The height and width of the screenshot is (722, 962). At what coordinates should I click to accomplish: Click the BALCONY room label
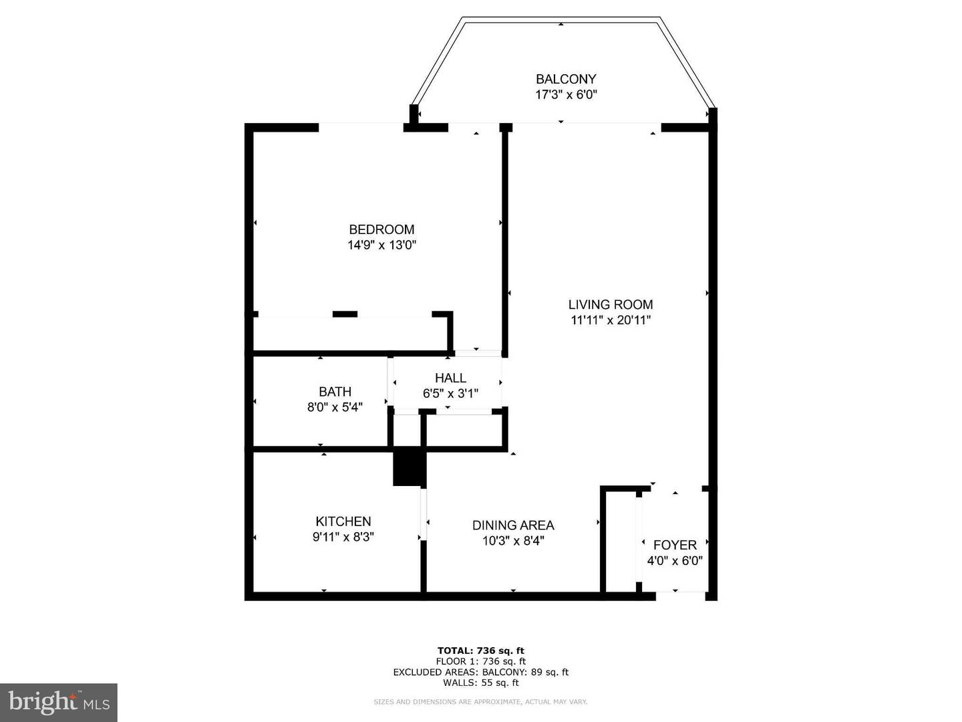565,79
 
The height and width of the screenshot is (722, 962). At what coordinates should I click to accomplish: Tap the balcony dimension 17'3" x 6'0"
565,95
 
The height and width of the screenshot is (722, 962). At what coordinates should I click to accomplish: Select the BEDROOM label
381,229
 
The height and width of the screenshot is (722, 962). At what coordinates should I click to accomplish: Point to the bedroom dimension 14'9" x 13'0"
381,245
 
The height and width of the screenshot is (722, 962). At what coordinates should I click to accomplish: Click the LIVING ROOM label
610,304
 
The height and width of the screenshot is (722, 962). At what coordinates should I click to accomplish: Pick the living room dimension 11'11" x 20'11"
610,320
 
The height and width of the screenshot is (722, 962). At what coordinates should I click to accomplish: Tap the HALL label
450,378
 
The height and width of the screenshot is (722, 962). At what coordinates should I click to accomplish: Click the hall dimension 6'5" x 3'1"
450,394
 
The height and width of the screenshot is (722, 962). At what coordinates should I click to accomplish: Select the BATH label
335,392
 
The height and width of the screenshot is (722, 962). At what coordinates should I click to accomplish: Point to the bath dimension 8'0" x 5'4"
335,407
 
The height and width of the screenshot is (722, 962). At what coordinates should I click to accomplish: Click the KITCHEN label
343,521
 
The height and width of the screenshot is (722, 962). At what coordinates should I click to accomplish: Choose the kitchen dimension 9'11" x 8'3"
343,537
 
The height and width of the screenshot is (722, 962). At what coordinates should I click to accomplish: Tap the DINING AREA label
513,525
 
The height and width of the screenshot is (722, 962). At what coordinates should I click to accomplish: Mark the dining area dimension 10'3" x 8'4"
513,541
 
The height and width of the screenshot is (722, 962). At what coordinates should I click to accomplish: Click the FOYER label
675,545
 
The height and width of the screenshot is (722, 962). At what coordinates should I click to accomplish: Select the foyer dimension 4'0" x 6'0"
675,561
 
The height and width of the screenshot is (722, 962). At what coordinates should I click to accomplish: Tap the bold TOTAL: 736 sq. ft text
480,650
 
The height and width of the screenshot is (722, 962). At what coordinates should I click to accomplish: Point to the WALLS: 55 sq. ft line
480,683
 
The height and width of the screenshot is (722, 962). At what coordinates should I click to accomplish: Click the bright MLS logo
59,702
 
